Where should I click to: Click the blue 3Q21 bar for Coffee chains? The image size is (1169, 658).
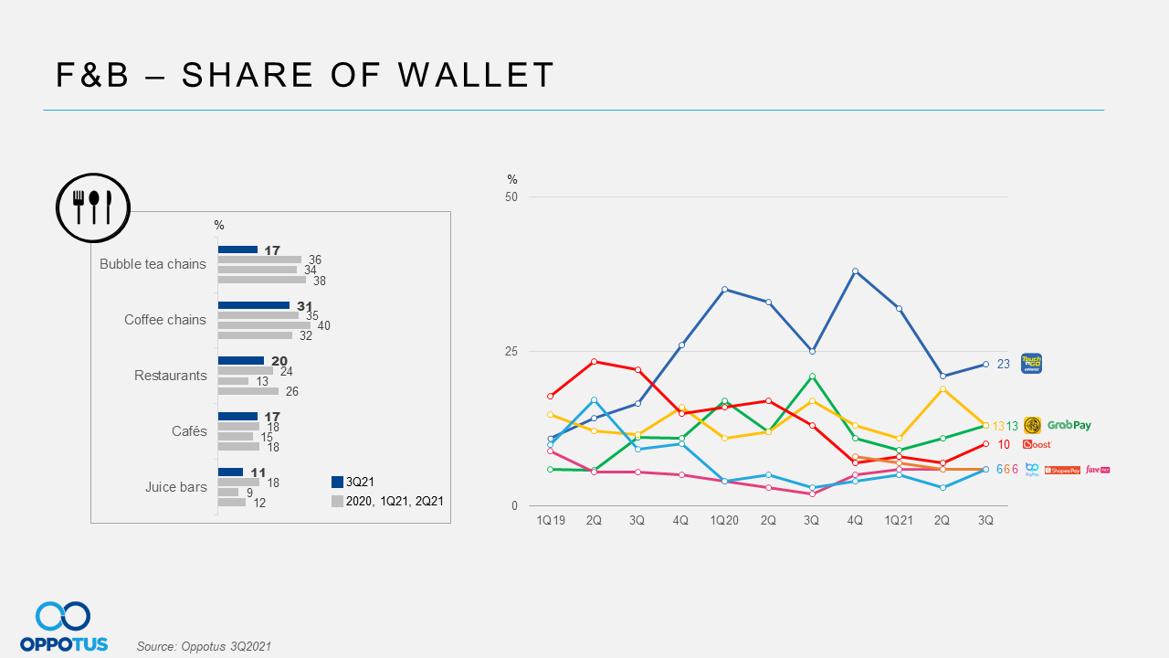[x=253, y=305]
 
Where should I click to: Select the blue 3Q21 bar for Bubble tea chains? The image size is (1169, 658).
[x=237, y=249]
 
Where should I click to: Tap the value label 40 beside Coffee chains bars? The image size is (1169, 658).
[x=323, y=326]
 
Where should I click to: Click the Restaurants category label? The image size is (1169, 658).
[x=171, y=376]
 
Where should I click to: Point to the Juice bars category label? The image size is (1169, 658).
[x=175, y=487]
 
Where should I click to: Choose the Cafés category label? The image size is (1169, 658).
[x=189, y=431]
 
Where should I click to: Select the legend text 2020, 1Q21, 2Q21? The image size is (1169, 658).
[x=395, y=501]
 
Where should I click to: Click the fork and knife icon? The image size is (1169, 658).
[x=92, y=207]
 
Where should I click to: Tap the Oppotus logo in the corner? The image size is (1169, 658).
[x=64, y=627]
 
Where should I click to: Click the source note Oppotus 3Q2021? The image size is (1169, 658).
[x=204, y=646]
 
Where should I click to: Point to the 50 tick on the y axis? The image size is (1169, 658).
[x=511, y=197]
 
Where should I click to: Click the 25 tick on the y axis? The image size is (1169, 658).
[x=511, y=352]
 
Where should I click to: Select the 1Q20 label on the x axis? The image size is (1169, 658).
[x=724, y=520]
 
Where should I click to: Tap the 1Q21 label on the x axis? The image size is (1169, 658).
[x=899, y=520]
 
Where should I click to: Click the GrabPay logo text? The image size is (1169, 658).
[x=1069, y=425]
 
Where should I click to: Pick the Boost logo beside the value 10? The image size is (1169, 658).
[x=1037, y=444]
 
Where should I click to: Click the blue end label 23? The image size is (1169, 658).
[x=1003, y=365]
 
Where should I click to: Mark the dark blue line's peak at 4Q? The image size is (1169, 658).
[x=855, y=271]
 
